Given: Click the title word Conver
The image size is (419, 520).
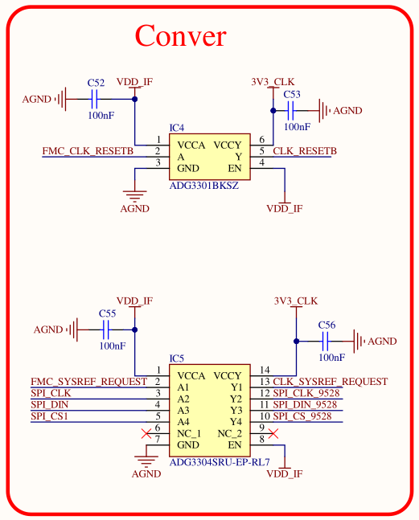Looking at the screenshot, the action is pyautogui.click(x=180, y=35).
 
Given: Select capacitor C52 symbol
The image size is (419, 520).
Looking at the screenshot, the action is pyautogui.click(x=94, y=99).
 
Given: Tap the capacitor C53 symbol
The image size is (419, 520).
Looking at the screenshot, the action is pyautogui.click(x=290, y=111).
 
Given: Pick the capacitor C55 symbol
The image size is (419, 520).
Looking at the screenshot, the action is pyautogui.click(x=106, y=330).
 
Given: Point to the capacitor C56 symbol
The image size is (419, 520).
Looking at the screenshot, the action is pyautogui.click(x=325, y=342).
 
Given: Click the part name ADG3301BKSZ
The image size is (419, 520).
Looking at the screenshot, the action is pyautogui.click(x=204, y=186).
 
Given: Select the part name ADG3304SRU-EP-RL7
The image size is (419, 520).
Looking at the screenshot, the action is pyautogui.click(x=220, y=462).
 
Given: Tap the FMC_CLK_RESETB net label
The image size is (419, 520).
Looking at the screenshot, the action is pyautogui.click(x=88, y=151).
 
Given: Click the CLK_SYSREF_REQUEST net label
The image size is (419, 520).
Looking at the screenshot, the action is pyautogui.click(x=330, y=382).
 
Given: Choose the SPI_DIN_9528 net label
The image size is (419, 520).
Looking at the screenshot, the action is pyautogui.click(x=305, y=404).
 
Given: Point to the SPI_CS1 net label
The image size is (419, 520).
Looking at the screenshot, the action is pyautogui.click(x=49, y=416).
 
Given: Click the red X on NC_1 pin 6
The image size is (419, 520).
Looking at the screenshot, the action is pyautogui.click(x=146, y=433).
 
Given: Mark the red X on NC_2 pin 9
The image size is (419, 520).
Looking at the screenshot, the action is pyautogui.click(x=273, y=433).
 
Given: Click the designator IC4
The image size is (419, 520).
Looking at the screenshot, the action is pyautogui.click(x=176, y=128).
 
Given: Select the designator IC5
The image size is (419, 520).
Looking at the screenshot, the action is pyautogui.click(x=176, y=358).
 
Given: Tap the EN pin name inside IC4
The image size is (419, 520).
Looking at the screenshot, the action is pyautogui.click(x=235, y=169).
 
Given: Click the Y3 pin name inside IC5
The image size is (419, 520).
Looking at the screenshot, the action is pyautogui.click(x=236, y=411).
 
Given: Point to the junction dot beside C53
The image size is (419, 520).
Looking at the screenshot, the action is pyautogui.click(x=273, y=111).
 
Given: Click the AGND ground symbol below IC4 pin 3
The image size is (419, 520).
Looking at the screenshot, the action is pyautogui.click(x=134, y=196).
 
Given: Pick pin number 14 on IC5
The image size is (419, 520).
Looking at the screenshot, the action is pyautogui.click(x=265, y=370).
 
